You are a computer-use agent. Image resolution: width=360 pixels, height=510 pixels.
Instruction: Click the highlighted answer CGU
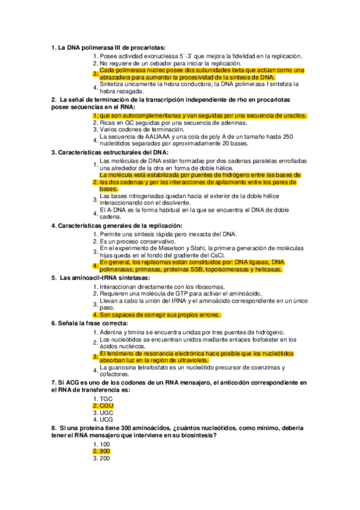click(106, 406)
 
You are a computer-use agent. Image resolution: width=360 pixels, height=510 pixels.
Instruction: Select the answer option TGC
click(106, 399)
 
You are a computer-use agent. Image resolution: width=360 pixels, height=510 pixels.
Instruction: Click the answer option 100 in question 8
click(105, 444)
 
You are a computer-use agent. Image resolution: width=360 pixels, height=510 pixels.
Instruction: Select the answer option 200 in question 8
click(105, 458)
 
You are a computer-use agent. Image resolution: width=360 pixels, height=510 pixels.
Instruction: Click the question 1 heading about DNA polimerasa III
click(108, 48)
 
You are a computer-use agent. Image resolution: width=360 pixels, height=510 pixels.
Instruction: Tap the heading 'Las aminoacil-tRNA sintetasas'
click(101, 277)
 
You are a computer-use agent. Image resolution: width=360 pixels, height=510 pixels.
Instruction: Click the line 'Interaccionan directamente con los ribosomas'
click(162, 287)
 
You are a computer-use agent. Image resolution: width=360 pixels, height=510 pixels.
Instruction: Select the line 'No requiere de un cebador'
click(170, 63)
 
